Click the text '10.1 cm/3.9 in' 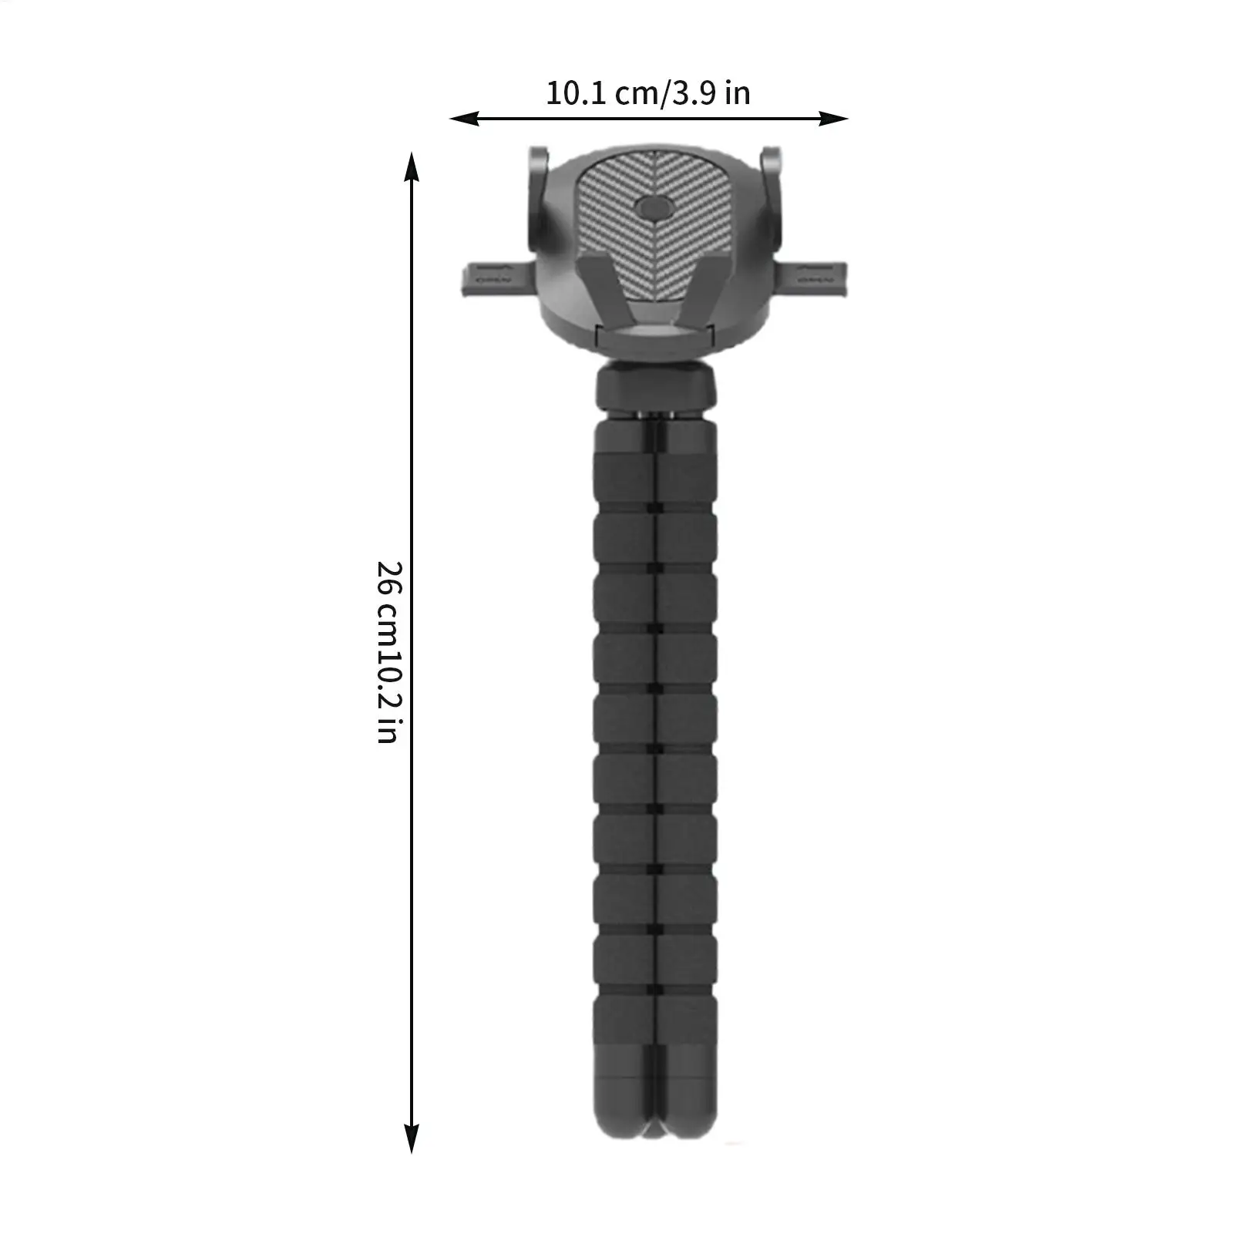point(647,93)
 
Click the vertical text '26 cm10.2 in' point(390,651)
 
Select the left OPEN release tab point(493,277)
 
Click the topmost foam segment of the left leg point(623,478)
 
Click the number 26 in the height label point(390,577)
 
